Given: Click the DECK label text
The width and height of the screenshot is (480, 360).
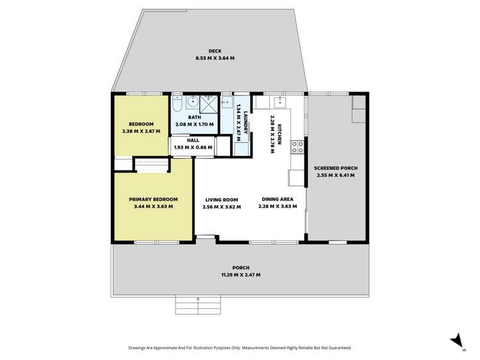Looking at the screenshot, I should (215, 51).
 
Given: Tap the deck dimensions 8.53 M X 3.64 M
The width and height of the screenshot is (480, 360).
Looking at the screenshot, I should (215, 58).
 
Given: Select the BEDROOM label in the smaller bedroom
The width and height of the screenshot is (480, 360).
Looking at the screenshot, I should (140, 124).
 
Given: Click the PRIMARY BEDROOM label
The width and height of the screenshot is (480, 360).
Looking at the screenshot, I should (153, 199).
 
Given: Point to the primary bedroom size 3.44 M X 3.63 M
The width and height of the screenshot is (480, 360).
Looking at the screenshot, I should (153, 206).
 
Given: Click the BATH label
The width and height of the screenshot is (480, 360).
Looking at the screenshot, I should (194, 117).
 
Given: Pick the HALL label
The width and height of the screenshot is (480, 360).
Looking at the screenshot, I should (193, 140).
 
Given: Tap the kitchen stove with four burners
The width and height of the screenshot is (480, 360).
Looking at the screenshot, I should (298, 147).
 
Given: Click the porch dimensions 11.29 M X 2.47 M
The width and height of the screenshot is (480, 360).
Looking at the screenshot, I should (241, 275).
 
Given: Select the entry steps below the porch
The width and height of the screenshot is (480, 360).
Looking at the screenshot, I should (198, 304).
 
